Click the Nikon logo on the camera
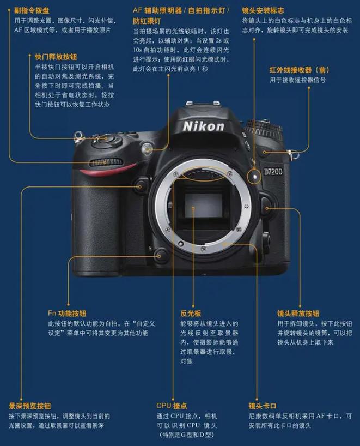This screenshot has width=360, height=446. [x=203, y=126]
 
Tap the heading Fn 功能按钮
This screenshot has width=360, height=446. [x=66, y=314]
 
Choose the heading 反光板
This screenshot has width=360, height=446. [x=191, y=314]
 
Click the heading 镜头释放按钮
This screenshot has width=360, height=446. [x=298, y=314]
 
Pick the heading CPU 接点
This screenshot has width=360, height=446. [x=172, y=406]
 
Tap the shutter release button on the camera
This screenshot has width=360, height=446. [x=101, y=139]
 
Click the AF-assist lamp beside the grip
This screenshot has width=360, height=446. [x=145, y=148]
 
